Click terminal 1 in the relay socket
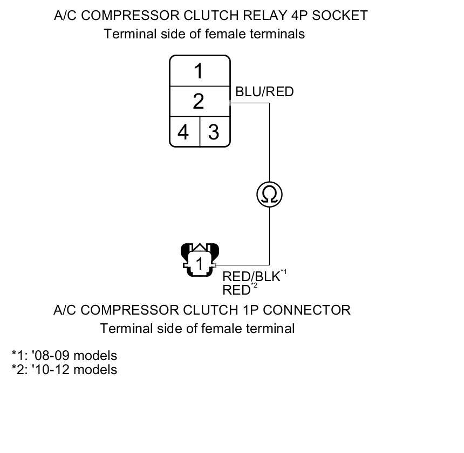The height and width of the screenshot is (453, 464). click(x=199, y=71)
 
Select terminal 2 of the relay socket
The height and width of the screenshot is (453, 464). click(x=199, y=101)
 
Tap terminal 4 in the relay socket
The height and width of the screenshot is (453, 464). click(x=184, y=131)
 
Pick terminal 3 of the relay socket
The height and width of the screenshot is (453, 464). click(x=214, y=131)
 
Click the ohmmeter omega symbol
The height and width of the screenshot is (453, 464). click(x=269, y=194)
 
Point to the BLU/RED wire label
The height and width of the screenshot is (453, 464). click(x=264, y=92)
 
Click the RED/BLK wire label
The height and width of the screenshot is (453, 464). click(x=251, y=277)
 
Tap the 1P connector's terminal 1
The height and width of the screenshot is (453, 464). click(x=199, y=264)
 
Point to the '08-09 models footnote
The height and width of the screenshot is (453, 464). click(x=64, y=356)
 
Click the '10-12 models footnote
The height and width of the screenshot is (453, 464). click(x=64, y=370)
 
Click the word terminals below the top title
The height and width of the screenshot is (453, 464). click(x=278, y=34)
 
